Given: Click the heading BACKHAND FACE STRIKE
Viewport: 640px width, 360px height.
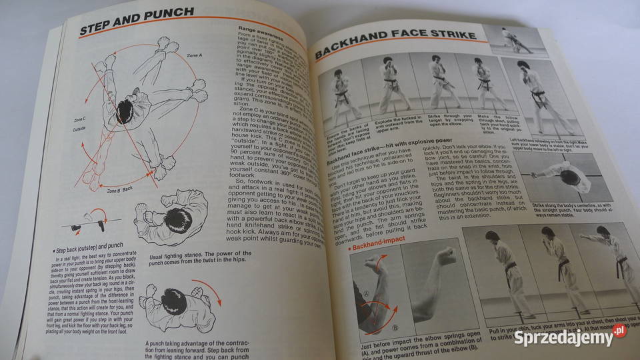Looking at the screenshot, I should tap(395, 43).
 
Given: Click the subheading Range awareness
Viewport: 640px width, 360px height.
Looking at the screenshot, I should tap(263, 29).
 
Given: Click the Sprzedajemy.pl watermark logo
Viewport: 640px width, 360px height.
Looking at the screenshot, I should tap(569, 337).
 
